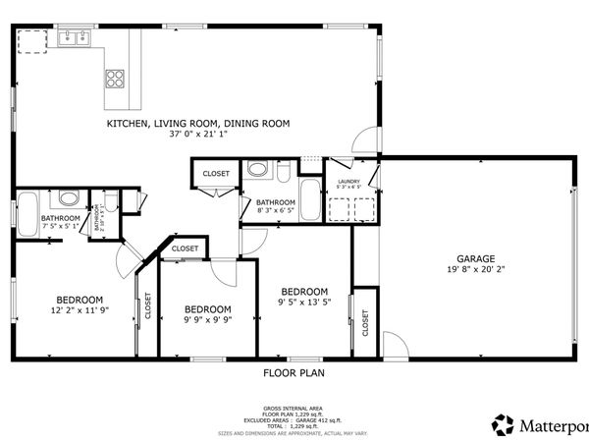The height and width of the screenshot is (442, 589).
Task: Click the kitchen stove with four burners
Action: (x=115, y=78)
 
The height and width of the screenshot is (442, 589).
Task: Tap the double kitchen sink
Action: (x=75, y=39)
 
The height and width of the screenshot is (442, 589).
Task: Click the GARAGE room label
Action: (x=475, y=259)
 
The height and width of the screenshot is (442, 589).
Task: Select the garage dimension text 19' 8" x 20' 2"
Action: (x=475, y=270)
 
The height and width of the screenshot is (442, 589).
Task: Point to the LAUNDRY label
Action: (x=348, y=181)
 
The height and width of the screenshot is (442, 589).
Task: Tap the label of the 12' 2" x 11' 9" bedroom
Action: (x=79, y=300)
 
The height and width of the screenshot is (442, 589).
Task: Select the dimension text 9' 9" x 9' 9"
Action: (x=207, y=318)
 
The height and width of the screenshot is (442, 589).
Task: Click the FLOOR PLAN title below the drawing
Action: (x=294, y=373)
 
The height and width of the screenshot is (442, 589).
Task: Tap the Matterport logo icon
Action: (x=504, y=424)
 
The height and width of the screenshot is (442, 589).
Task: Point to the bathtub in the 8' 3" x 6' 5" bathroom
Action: (x=308, y=200)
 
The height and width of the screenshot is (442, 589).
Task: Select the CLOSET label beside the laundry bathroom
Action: (x=216, y=174)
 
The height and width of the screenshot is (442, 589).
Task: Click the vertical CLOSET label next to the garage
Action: (x=365, y=322)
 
